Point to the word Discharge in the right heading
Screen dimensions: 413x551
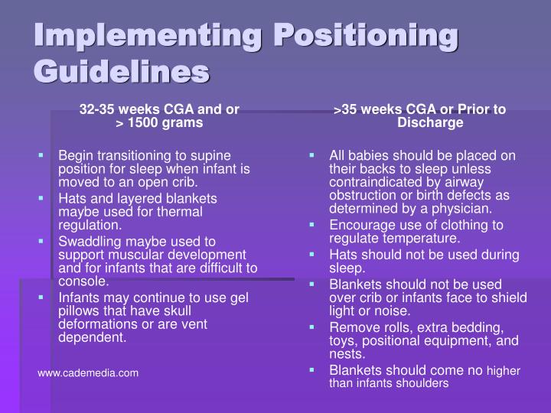tap(430, 122)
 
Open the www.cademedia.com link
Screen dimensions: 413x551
tap(89, 372)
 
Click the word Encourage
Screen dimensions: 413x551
tap(364, 225)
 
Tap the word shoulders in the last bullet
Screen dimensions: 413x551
tap(420, 384)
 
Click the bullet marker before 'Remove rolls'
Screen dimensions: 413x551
tap(313, 326)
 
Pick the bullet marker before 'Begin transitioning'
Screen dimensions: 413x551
tap(43, 155)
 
